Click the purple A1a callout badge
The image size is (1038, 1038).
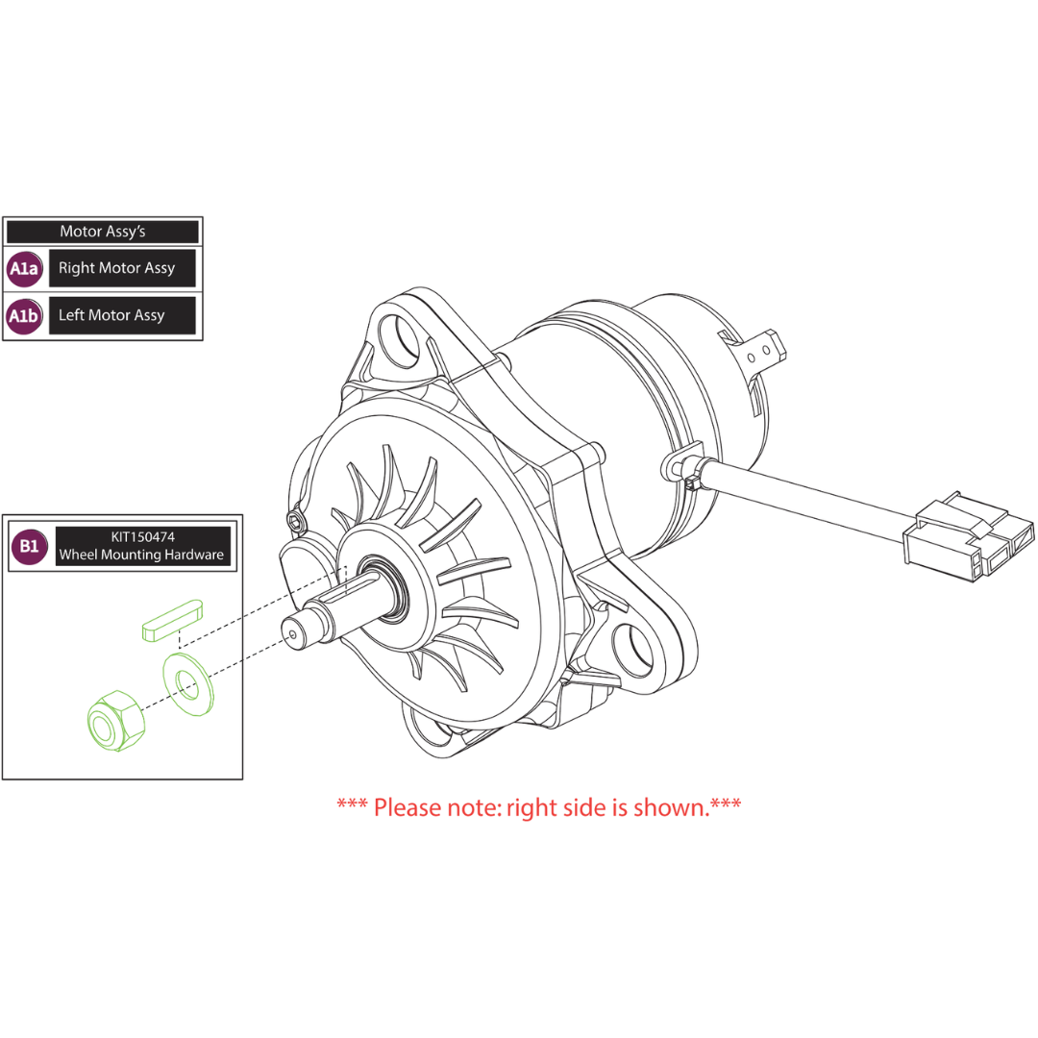24,268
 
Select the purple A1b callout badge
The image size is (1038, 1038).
24,316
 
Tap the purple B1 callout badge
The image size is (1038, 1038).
29,546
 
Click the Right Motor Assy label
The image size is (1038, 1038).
116,268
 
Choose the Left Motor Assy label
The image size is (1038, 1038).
111,315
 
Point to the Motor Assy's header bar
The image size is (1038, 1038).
103,232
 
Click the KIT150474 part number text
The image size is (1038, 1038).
143,537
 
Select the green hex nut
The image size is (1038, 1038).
116,721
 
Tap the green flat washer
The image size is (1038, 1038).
188,684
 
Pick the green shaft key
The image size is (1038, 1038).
172,620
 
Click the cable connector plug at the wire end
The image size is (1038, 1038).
969,536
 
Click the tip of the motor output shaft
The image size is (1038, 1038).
292,633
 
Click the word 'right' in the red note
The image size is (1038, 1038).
533,807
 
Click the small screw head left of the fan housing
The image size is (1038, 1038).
295,518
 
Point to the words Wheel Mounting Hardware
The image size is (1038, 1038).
141,555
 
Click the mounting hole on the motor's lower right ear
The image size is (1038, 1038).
633,650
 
